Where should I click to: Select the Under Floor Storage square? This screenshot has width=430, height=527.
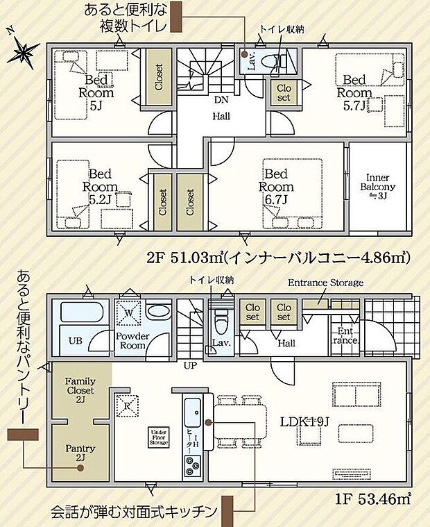pyautogui.click(x=157, y=437)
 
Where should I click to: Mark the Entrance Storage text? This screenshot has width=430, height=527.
pyautogui.click(x=325, y=283)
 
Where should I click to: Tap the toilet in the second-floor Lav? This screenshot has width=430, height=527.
pyautogui.click(x=279, y=62)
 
